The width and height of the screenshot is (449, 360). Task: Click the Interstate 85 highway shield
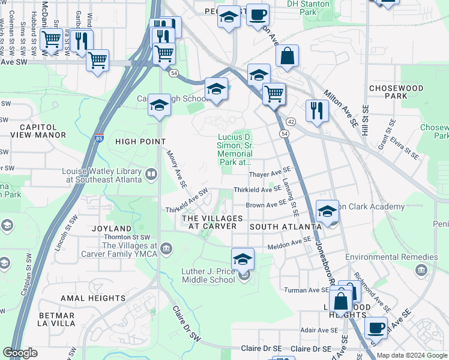tap(99, 137)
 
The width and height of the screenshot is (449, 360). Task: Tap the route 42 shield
tap(290, 121)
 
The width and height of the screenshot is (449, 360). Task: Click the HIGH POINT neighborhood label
tap(140, 141)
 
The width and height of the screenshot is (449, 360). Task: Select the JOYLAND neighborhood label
tap(112, 229)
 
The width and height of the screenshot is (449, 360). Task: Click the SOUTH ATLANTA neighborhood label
tap(286, 227)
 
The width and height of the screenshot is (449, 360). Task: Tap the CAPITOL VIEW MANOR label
tap(34, 131)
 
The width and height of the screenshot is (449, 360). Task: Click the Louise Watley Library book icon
tap(151, 175)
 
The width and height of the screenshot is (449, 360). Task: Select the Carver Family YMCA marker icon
tap(166, 248)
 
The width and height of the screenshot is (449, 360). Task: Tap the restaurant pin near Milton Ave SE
tap(316, 110)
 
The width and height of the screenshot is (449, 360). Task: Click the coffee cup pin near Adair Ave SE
tap(376, 328)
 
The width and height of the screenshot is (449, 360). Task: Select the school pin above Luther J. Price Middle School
tap(243, 259)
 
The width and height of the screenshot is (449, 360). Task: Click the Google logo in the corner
tap(20, 353)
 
